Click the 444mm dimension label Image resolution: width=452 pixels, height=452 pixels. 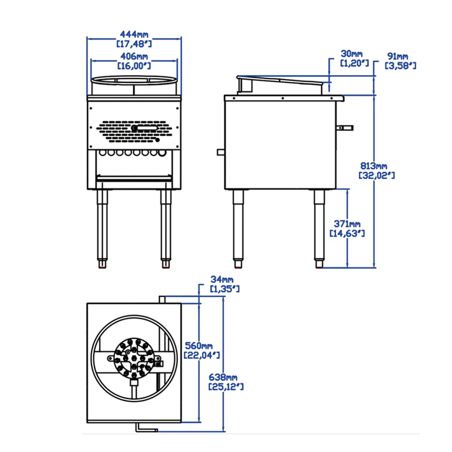pyautogui.click(x=134, y=34)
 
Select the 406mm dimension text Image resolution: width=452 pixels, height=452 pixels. pyautogui.click(x=134, y=56)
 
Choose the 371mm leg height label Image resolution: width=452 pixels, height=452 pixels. pyautogui.click(x=346, y=224)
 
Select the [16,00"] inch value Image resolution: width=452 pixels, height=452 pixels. pyautogui.click(x=134, y=66)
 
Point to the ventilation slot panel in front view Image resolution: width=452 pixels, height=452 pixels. pyautogui.click(x=134, y=129)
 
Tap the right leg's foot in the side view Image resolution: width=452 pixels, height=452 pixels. pyautogui.click(x=320, y=264)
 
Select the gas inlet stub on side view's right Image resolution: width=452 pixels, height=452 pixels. pyautogui.click(x=345, y=127)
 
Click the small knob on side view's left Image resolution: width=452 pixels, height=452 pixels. pyautogui.click(x=220, y=151)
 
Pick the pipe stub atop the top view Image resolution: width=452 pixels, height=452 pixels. pyautogui.click(x=162, y=299)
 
